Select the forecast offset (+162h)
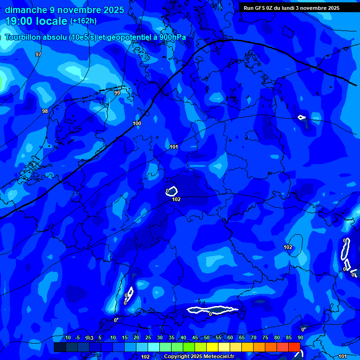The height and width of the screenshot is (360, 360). (83, 21)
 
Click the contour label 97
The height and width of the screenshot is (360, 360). (38, 55)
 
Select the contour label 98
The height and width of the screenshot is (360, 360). (45, 111)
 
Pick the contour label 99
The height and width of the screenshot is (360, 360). (117, 93)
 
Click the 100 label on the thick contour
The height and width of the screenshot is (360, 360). (137, 123)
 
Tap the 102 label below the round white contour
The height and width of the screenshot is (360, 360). (176, 199)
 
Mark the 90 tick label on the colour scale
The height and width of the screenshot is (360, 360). (300, 337)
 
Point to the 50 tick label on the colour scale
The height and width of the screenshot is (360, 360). (207, 337)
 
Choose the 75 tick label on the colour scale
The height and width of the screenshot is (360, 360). (265, 337)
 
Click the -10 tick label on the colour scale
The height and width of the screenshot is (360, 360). (67, 337)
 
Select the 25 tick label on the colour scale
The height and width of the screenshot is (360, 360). (148, 337)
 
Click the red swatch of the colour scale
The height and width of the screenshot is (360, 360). (294, 347)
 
